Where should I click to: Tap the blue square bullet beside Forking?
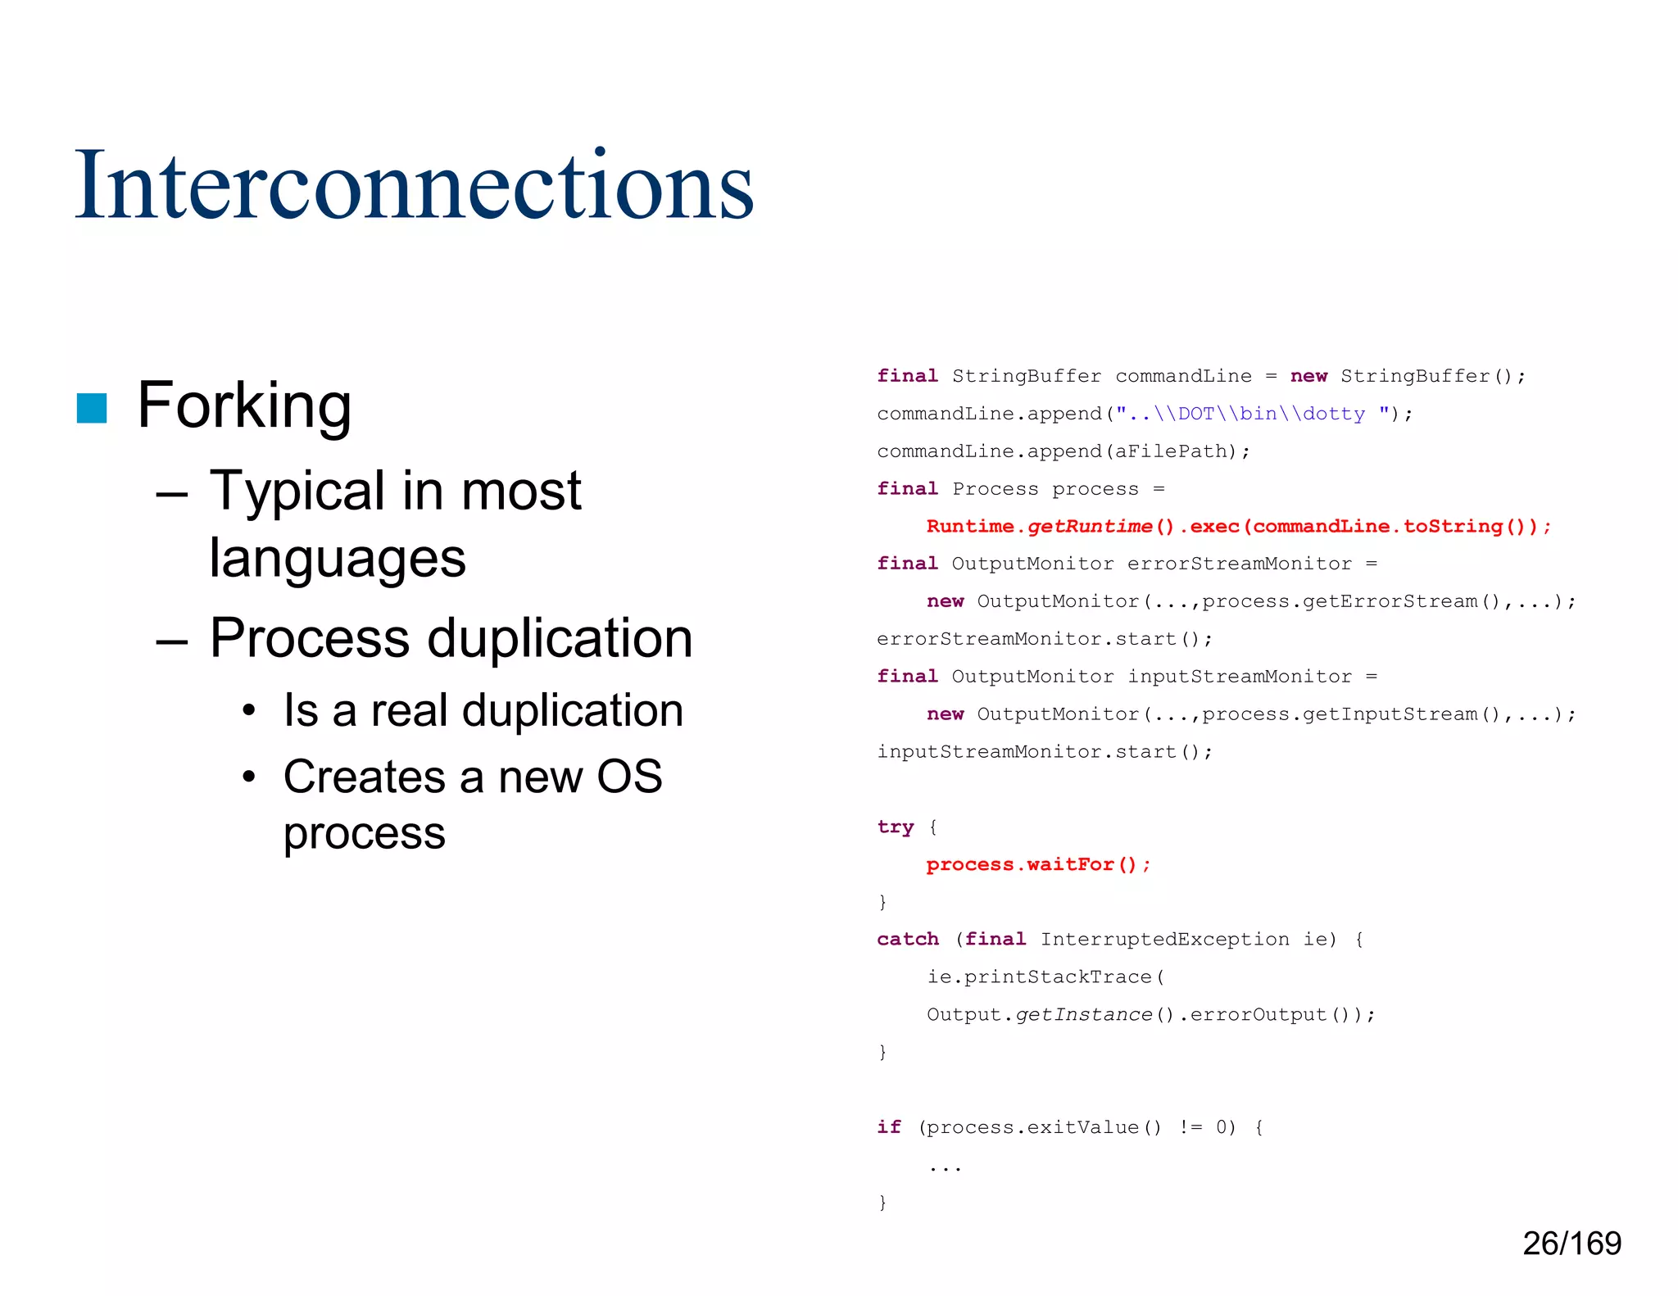(92, 408)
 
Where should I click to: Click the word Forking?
(244, 405)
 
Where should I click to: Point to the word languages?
(337, 559)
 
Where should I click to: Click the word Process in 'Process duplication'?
(309, 638)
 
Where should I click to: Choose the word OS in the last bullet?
(628, 777)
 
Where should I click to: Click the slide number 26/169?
(1571, 1244)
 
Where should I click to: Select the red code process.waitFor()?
(1038, 864)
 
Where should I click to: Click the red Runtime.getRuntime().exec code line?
(1238, 526)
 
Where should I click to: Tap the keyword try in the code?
(895, 827)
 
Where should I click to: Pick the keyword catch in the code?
(907, 939)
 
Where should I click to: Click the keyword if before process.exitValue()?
(888, 1127)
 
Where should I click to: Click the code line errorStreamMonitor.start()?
(1044, 639)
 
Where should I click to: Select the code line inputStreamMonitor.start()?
(1044, 752)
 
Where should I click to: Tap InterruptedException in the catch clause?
(1164, 939)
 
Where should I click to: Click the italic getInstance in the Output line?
(1083, 1014)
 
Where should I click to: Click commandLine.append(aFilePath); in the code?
(1063, 451)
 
